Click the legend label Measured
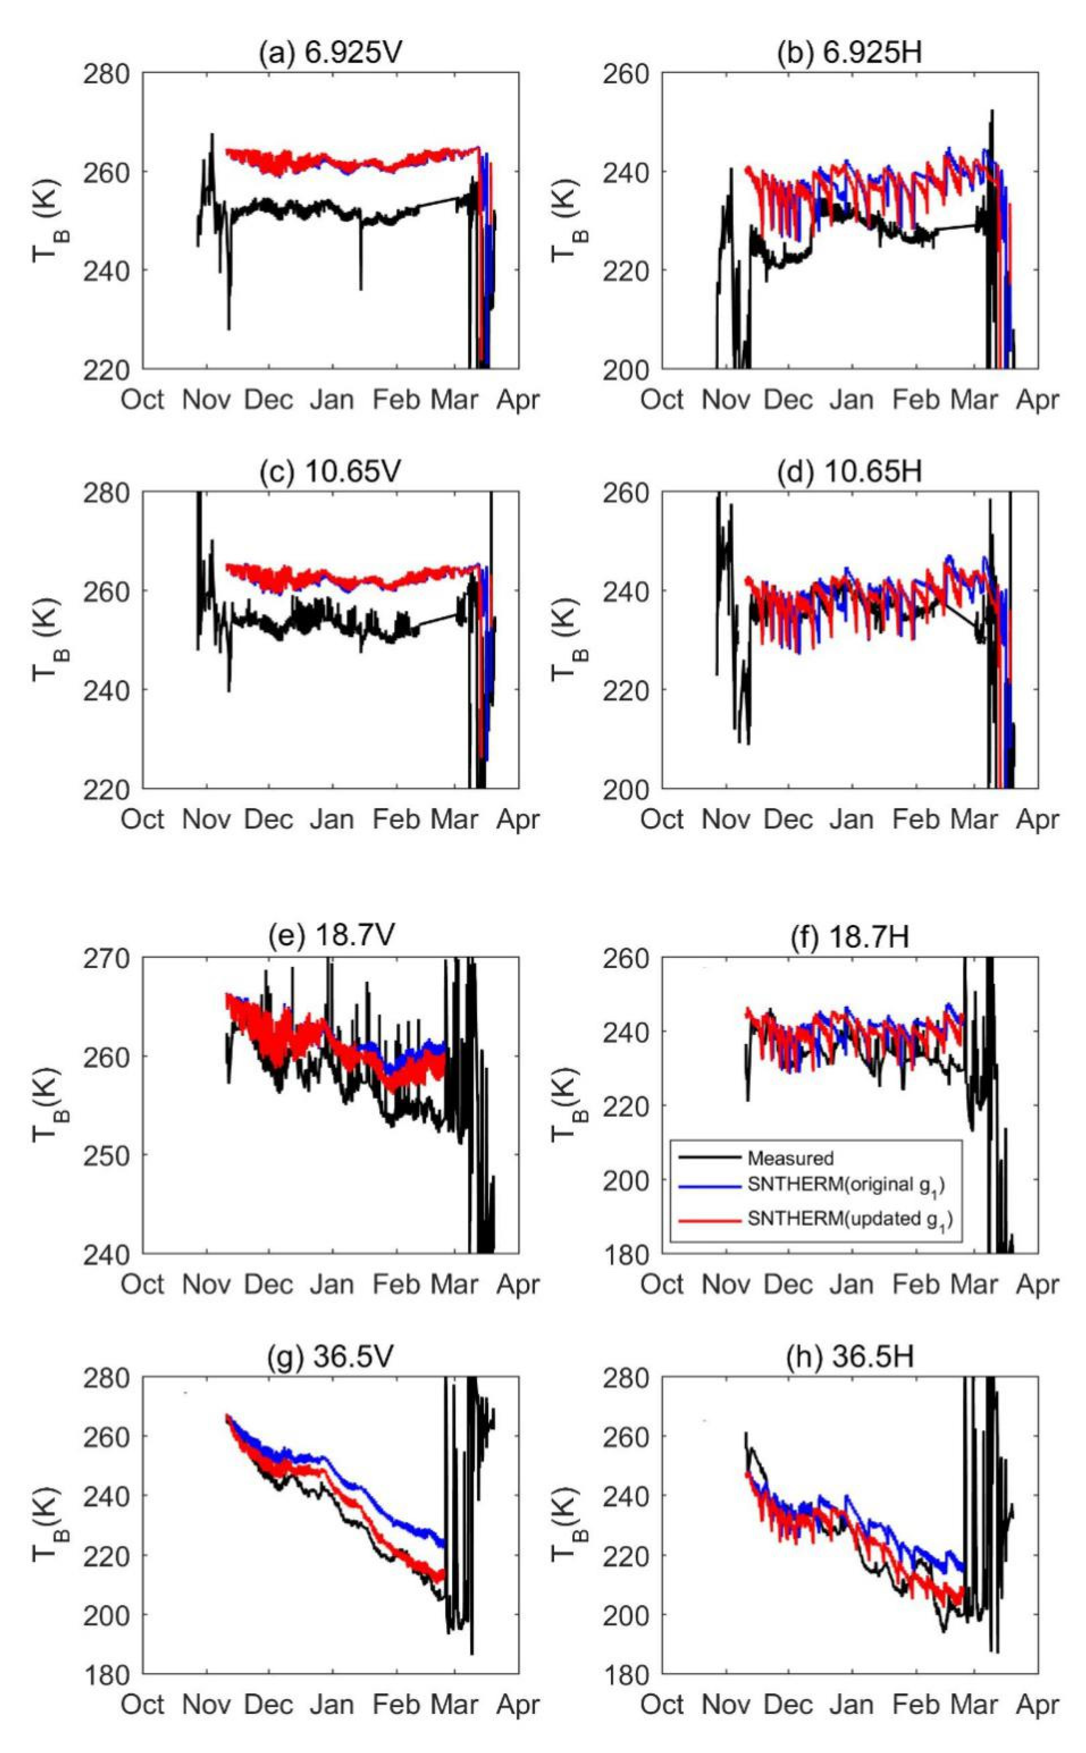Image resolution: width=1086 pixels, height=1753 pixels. point(790,1158)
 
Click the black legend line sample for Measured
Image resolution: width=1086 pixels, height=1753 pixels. point(710,1158)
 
